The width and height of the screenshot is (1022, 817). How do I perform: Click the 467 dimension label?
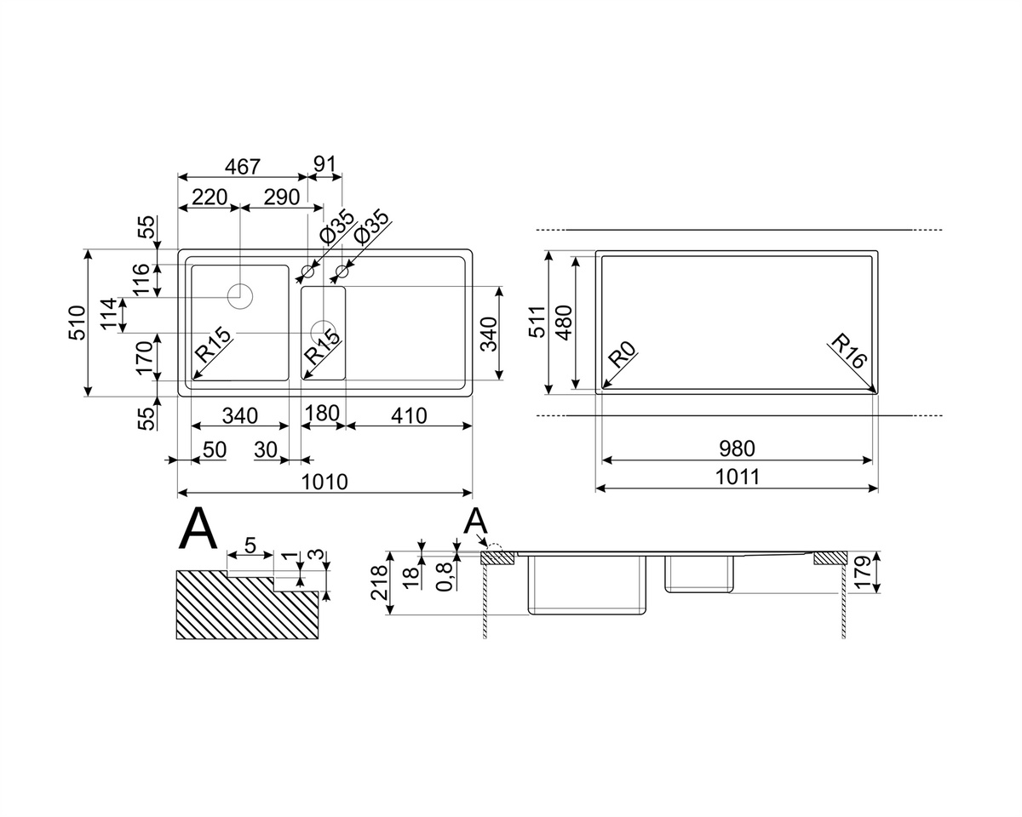[242, 167]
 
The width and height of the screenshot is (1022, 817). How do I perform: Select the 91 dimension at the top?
[324, 163]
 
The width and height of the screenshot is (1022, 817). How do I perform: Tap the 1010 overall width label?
[324, 482]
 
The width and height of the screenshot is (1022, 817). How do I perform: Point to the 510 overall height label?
[78, 323]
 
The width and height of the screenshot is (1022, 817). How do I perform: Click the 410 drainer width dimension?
[409, 416]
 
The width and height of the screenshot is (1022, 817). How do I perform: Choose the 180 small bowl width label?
[322, 413]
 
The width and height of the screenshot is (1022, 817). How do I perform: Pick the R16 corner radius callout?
[850, 351]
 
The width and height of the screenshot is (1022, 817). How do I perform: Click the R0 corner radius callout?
[622, 354]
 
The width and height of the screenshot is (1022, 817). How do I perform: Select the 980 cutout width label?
[737, 448]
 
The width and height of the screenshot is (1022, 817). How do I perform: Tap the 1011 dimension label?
[737, 477]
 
